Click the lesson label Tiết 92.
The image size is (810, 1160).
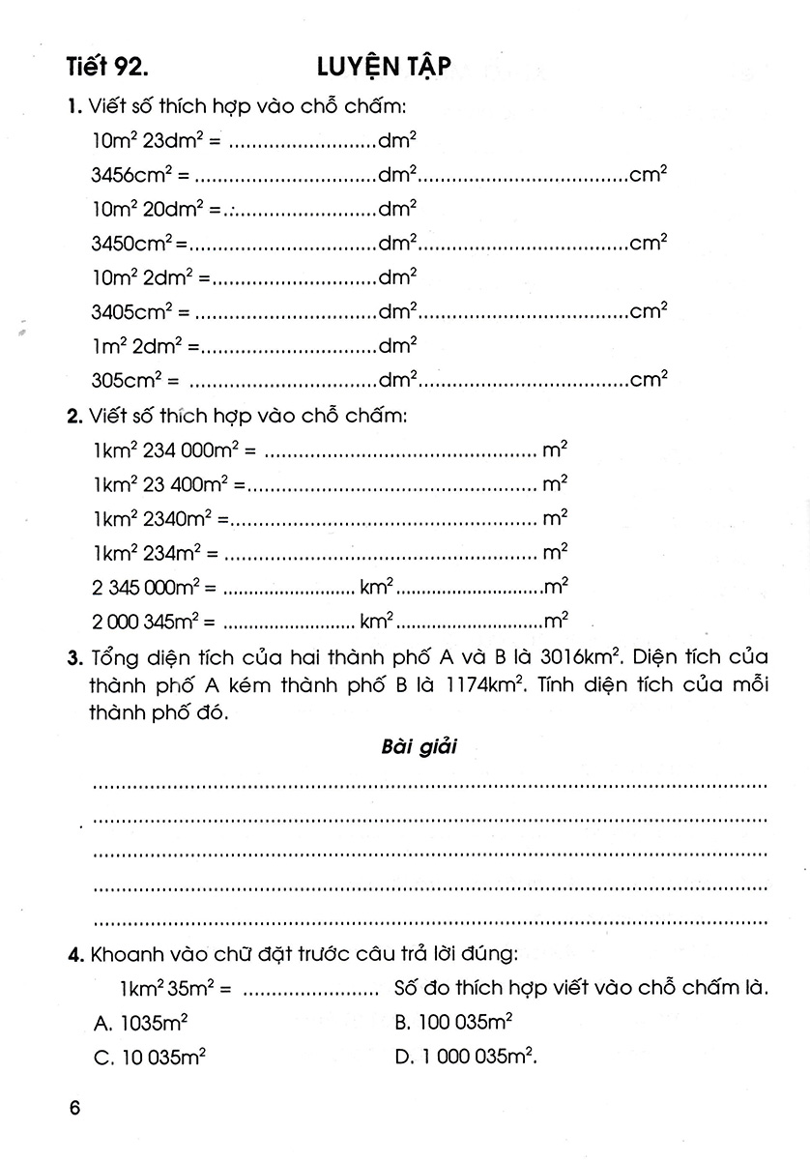click(x=108, y=67)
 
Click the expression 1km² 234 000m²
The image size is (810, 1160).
click(x=170, y=450)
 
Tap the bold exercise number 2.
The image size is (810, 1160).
click(x=73, y=417)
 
